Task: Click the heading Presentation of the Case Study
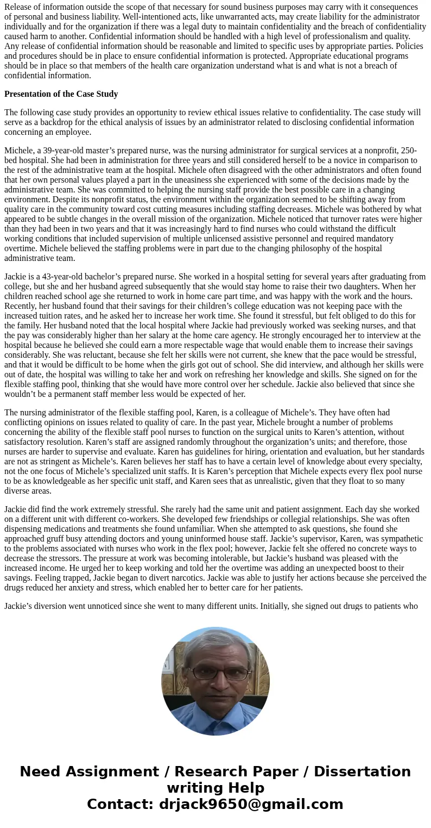click(x=61, y=94)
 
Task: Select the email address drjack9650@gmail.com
click(x=251, y=805)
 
